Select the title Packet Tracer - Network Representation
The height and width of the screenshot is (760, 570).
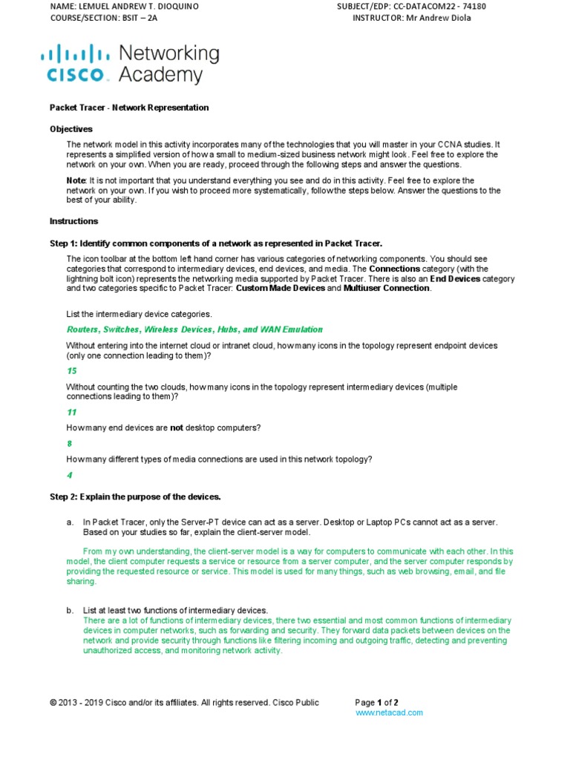[x=129, y=108]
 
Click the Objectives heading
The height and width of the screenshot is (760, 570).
[x=71, y=128]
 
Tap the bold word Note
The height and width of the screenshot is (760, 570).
[x=76, y=180]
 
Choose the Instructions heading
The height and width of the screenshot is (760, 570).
[x=73, y=221]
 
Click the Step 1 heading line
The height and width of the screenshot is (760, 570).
[x=216, y=243]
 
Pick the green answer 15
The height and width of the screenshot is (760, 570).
[x=72, y=370]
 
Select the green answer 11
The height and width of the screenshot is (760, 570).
[x=72, y=412]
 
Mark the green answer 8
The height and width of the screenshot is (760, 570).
[x=70, y=443]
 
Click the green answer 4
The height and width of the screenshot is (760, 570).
[x=70, y=474]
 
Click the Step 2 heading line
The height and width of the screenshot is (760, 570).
[x=135, y=496]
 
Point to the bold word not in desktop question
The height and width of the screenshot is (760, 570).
[x=177, y=427]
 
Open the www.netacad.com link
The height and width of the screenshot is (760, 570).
[x=389, y=712]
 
